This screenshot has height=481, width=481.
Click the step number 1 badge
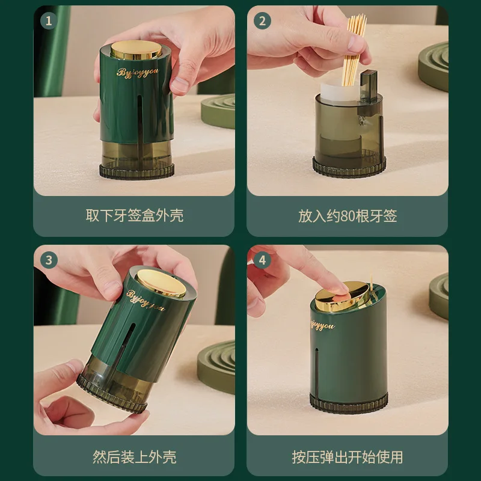(49, 21)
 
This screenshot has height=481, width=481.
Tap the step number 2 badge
(262, 21)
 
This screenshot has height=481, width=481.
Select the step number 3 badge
(49, 260)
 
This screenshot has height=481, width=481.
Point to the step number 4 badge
(262, 260)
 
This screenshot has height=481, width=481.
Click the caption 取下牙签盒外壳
(134, 215)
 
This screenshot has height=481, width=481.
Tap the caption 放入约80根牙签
(348, 216)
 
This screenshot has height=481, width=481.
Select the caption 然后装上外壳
(134, 457)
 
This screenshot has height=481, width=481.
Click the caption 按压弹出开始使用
(348, 457)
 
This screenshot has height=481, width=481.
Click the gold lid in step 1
(136, 49)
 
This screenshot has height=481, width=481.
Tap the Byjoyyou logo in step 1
(138, 73)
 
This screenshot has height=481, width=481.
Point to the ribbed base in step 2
(349, 167)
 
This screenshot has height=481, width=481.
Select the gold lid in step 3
(161, 283)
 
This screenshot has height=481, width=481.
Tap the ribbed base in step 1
(137, 171)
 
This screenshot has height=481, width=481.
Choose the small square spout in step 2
(369, 81)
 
